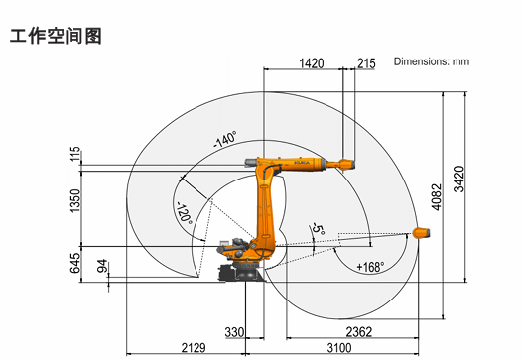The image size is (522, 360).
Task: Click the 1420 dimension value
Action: click(x=312, y=63)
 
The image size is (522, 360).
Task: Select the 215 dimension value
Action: click(x=366, y=63)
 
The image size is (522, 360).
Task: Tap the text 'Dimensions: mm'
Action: click(x=432, y=61)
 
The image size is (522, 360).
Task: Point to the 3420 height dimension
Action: click(x=459, y=179)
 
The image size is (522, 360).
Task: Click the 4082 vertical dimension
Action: click(x=437, y=197)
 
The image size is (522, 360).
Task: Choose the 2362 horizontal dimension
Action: click(x=359, y=331)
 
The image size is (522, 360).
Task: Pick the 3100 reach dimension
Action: click(x=339, y=348)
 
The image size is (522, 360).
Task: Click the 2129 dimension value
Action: click(x=194, y=348)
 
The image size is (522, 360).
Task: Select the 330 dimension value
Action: click(x=234, y=332)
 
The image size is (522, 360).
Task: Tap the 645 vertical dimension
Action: click(x=75, y=263)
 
